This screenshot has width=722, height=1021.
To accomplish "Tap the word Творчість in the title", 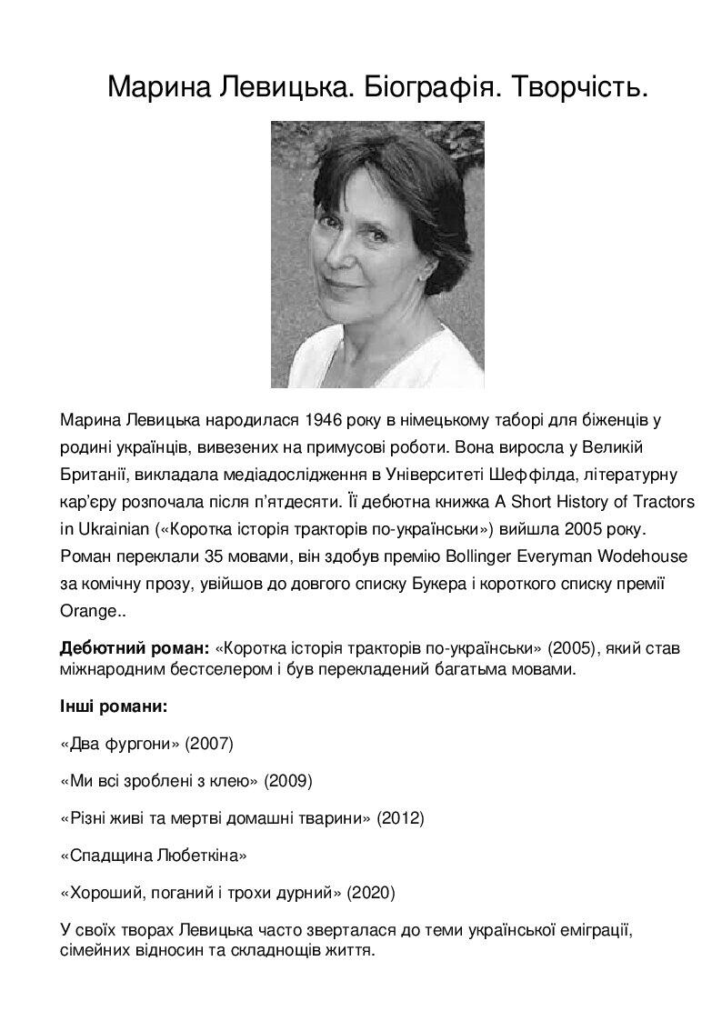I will point(575,87).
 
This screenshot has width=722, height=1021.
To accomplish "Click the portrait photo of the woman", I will point(377,255).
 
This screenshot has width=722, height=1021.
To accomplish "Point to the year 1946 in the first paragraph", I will point(324,421).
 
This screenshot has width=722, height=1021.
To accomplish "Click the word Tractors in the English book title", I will point(663,502).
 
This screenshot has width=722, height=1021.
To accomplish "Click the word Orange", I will point(86,611).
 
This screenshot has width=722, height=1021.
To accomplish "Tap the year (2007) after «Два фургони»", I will point(209,744).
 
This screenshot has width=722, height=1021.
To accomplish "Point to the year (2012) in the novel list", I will point(401,818).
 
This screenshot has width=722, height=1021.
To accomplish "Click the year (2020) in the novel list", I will point(371,893).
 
